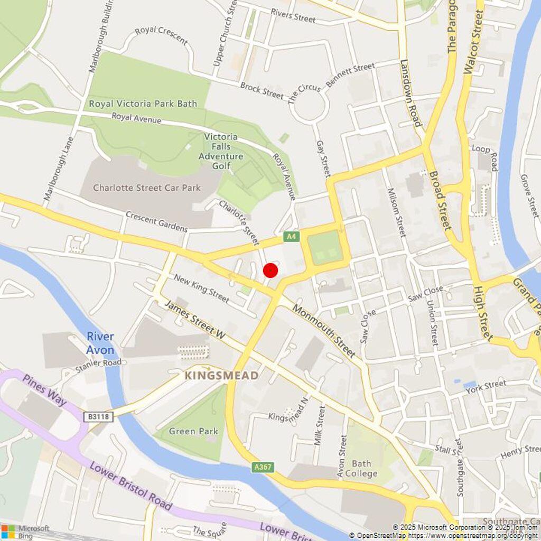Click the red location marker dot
[270, 270]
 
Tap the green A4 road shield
[291, 237]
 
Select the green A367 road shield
[263, 468]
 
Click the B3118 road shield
[98, 417]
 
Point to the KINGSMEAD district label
[221, 376]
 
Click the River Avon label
[100, 343]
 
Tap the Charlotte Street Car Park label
[147, 188]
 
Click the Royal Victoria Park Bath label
[143, 104]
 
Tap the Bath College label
[361, 469]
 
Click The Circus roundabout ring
[310, 107]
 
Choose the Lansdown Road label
[411, 93]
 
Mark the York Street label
[486, 386]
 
